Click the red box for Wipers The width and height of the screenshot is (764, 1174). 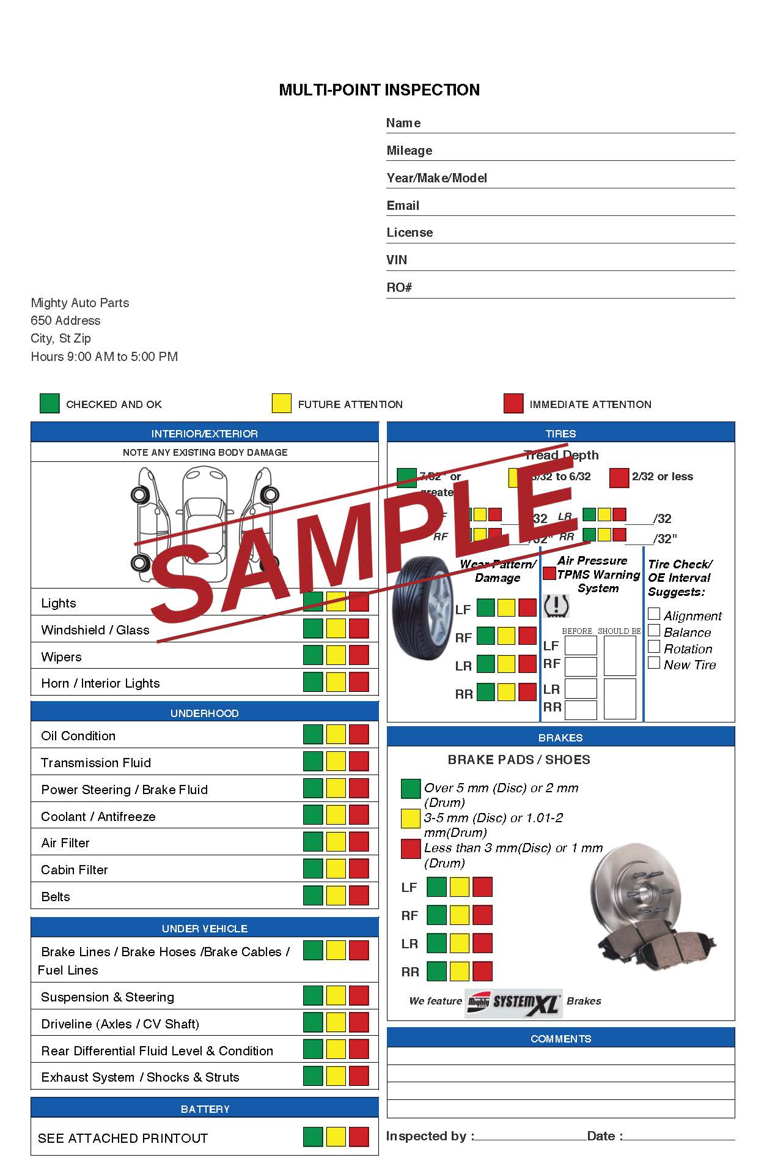(359, 655)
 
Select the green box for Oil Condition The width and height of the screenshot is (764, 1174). (313, 734)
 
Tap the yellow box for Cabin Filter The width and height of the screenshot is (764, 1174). (336, 868)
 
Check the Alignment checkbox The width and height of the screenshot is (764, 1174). (654, 614)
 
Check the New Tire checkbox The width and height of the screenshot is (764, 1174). (654, 663)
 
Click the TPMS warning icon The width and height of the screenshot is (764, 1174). (556, 606)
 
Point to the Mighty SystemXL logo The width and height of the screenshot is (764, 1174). (513, 1002)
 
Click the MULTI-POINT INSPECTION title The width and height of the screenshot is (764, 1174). (379, 90)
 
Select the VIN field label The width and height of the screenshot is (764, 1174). (397, 260)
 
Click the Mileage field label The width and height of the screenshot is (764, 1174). (409, 150)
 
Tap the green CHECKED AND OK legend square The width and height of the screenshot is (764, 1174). (50, 404)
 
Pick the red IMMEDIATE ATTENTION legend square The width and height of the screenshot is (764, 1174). (513, 404)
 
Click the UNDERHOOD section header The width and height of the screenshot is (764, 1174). (205, 713)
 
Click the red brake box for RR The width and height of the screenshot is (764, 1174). (482, 971)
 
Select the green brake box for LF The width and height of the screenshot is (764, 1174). (436, 887)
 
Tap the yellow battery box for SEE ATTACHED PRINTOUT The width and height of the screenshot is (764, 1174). (336, 1137)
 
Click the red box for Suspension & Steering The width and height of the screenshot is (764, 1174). (359, 995)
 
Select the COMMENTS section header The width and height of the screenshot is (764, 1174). (560, 1038)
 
